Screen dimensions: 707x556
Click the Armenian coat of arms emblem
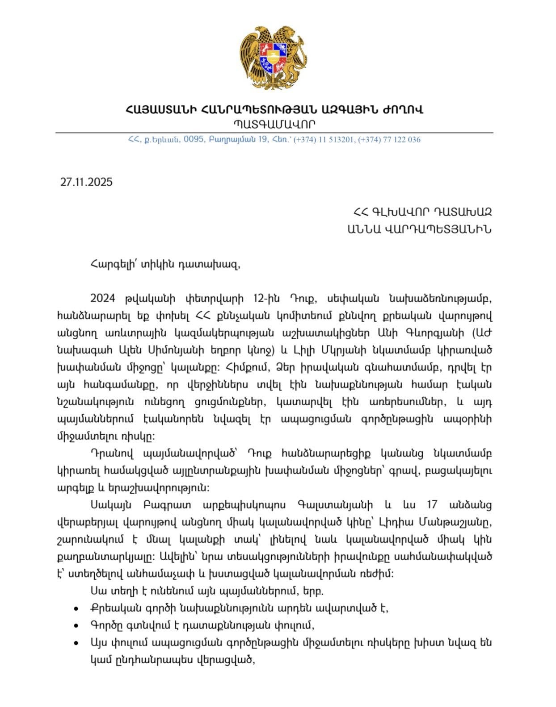[x=274, y=58]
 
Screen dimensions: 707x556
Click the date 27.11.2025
[x=87, y=182]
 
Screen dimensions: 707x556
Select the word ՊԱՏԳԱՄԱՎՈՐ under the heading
[x=274, y=124]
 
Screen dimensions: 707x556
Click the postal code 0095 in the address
[x=194, y=140]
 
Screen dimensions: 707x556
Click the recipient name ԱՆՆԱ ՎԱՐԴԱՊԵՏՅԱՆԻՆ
[x=419, y=229]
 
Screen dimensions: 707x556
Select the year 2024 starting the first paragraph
[x=103, y=298]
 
